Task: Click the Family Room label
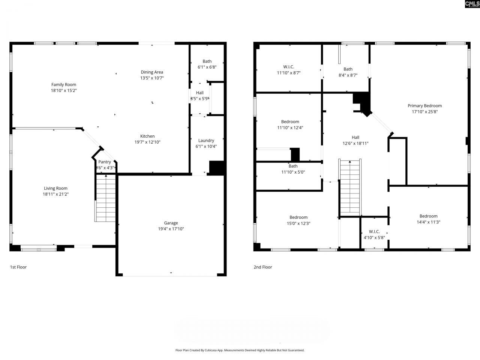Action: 64,84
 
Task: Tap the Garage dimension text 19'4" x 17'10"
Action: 171,229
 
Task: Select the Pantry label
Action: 105,162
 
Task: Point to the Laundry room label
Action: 206,141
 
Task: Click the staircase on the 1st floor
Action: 106,199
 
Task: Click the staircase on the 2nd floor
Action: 350,187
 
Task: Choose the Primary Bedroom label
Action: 424,106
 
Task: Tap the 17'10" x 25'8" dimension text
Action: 424,112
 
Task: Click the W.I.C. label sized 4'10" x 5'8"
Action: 374,231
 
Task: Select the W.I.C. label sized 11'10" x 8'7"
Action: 288,67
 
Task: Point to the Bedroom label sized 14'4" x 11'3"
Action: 428,216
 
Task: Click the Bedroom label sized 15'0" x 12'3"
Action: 298,217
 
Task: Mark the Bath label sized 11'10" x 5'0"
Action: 293,166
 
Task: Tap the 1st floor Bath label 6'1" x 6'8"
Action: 207,61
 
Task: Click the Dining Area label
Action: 152,72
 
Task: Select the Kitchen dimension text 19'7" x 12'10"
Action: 147,142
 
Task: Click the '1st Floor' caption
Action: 18,267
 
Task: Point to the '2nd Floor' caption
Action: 262,267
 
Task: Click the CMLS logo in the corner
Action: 472,4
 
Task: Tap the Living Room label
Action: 55,188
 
